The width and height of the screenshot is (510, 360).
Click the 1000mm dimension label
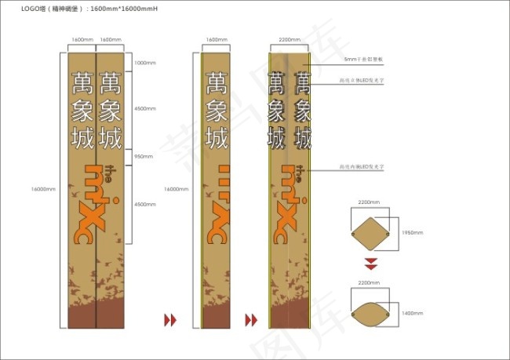[146, 63]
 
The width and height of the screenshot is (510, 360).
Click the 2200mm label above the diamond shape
[368, 202]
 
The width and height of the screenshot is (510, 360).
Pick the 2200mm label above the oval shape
[368, 282]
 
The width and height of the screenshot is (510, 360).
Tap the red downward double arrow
[370, 263]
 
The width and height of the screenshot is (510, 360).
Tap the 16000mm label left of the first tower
[42, 189]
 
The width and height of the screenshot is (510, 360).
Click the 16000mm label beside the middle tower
[174, 189]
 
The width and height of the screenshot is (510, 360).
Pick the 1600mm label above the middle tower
[216, 38]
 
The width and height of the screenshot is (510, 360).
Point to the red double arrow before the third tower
[252, 319]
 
